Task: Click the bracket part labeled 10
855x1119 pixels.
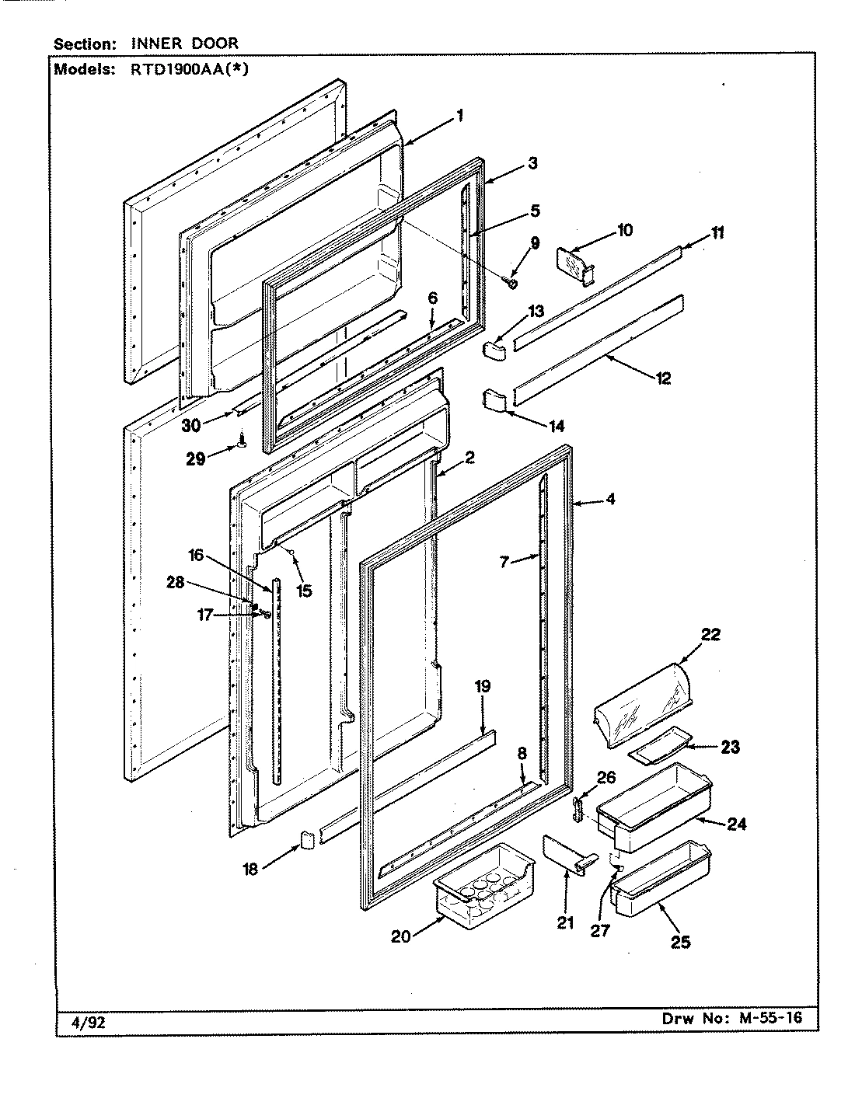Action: (x=575, y=265)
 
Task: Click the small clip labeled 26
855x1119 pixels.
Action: (x=578, y=808)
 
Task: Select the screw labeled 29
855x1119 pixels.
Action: (x=243, y=441)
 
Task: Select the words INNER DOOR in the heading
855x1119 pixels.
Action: (x=184, y=44)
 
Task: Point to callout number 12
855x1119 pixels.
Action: (x=662, y=379)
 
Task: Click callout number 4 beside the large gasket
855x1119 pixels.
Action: (x=610, y=499)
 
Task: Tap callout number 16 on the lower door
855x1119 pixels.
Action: (x=194, y=555)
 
